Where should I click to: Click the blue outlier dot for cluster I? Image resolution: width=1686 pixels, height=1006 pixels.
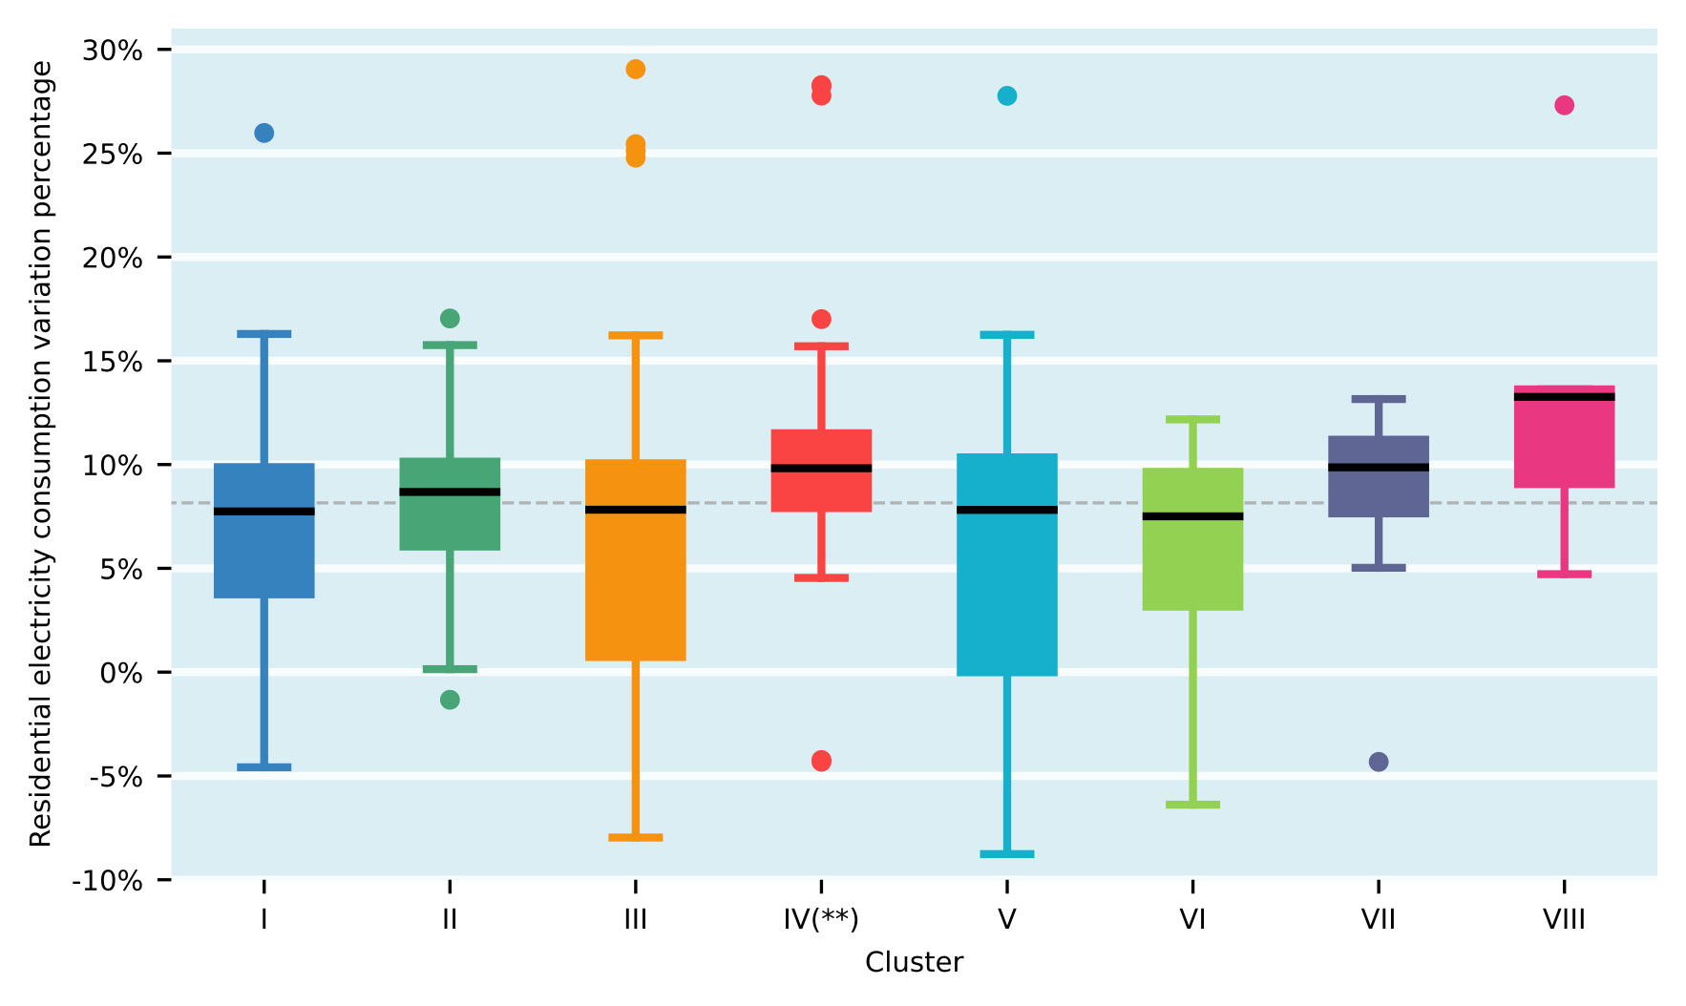(x=264, y=133)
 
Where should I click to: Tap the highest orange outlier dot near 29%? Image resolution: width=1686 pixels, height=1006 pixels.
(x=636, y=69)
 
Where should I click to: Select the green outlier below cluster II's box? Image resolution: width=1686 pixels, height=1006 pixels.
(x=450, y=700)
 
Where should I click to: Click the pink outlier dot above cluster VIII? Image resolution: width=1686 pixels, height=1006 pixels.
(x=1564, y=105)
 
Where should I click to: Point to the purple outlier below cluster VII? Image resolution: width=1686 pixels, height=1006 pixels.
(x=1379, y=762)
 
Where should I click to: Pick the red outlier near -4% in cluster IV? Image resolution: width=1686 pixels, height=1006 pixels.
(x=821, y=761)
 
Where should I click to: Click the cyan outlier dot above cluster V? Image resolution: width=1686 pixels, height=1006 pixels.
(x=1007, y=95)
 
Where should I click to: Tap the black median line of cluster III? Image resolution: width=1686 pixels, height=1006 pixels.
(x=636, y=510)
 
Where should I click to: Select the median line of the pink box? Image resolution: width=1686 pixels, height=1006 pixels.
(x=1564, y=397)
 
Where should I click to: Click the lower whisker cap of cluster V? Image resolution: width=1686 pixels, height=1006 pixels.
(x=1007, y=853)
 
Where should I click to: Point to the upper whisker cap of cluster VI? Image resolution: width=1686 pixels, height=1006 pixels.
(x=1192, y=419)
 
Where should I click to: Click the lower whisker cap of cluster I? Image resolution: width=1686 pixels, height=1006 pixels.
(x=264, y=766)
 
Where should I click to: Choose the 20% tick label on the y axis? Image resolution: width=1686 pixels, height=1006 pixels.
(x=113, y=258)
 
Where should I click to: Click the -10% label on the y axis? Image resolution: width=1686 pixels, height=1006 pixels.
(x=107, y=881)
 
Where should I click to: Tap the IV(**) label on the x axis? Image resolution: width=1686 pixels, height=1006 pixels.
(x=821, y=920)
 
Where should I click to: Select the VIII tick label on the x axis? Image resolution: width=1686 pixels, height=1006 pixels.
(x=1564, y=920)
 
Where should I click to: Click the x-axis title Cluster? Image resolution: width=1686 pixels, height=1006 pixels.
(x=914, y=962)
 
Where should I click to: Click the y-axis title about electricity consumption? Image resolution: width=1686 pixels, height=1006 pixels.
(x=40, y=453)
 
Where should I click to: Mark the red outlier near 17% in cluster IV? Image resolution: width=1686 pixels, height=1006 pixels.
(x=821, y=319)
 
